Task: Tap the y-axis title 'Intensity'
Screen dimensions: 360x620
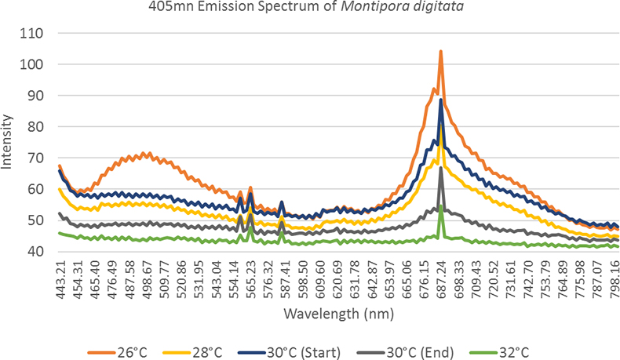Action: pos(8,142)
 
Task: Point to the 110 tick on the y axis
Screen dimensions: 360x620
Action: pos(35,34)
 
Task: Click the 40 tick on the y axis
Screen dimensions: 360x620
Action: pos(38,251)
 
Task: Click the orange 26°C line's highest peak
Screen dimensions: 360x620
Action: pos(441,52)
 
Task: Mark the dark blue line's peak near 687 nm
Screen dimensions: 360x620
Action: pos(441,100)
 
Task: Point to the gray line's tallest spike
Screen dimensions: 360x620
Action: pos(441,168)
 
